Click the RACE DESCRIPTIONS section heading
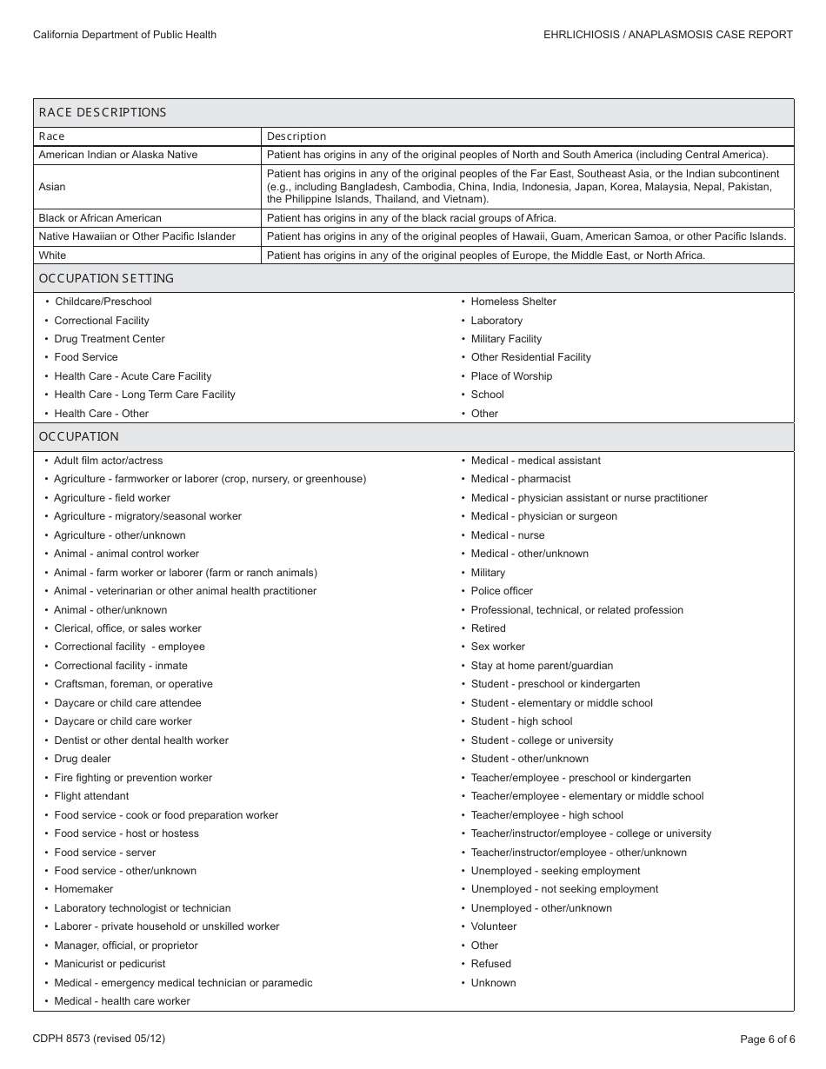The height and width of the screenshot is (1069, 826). point(103,112)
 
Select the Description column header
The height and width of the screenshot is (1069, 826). point(296,136)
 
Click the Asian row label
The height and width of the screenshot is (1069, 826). point(52,187)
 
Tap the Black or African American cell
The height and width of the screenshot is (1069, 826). point(100,218)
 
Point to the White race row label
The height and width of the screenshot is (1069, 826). point(52,256)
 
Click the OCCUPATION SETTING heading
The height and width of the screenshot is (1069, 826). point(106,278)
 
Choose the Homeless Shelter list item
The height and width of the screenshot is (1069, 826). point(513,302)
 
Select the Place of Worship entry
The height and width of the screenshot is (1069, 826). point(511,376)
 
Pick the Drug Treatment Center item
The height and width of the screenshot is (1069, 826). point(110,339)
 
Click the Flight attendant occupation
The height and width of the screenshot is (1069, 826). point(91,796)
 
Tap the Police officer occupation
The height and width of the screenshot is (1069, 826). point(502,591)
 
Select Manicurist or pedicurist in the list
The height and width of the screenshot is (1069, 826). point(110,964)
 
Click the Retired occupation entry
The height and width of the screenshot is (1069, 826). point(488,628)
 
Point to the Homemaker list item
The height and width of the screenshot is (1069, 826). point(83,889)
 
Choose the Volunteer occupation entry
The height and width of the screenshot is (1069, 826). point(494,926)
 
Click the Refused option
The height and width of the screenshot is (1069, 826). point(491,964)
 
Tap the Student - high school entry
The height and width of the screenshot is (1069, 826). point(522,721)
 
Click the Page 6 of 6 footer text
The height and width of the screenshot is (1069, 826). point(767,1039)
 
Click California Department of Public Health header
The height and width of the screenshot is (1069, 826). point(124,35)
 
